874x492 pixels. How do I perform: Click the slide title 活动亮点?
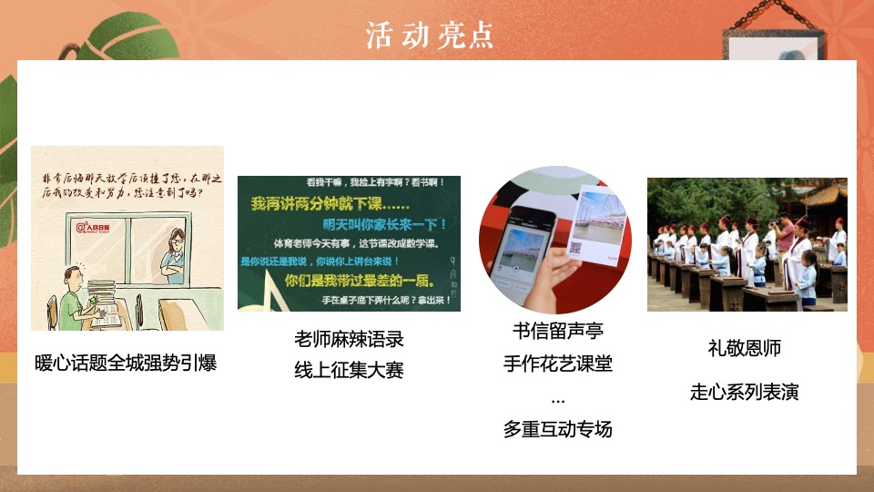430,35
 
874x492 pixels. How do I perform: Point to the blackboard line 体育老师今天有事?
348,243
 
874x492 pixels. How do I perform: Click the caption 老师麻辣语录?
349,339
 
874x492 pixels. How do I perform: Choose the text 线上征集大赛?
349,370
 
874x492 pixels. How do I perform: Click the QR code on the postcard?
574,247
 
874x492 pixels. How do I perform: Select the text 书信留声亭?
558,330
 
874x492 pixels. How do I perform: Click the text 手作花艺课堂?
558,364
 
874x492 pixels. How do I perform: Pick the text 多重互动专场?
558,429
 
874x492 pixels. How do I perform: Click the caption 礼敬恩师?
745,348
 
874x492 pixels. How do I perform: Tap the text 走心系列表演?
745,393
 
